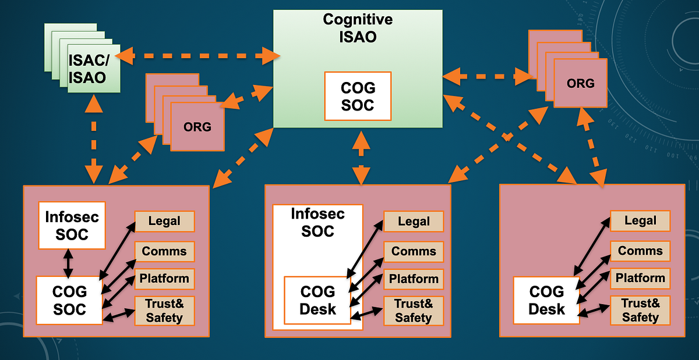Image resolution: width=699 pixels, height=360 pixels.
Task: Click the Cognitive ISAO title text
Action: tap(358, 28)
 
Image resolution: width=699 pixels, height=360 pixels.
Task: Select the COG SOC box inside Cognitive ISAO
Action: tap(358, 97)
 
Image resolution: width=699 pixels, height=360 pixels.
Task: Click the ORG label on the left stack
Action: tap(197, 126)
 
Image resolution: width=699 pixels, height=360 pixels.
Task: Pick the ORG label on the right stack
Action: tap(581, 83)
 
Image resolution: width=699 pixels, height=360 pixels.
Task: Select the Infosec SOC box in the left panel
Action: tap(72, 226)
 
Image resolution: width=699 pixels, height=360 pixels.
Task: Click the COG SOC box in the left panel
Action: tap(69, 300)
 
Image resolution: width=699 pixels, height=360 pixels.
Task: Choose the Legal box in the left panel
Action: tap(164, 222)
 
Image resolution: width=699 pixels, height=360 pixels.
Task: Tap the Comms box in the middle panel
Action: tap(414, 251)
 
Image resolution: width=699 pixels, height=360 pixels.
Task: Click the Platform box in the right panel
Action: tap(640, 278)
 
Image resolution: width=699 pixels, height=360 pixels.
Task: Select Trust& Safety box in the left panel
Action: tap(164, 310)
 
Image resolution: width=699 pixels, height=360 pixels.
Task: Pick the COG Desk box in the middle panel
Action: tap(317, 300)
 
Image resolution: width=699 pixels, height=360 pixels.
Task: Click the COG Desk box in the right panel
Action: tap(546, 300)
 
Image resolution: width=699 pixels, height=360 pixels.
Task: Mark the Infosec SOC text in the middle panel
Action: tap(318, 222)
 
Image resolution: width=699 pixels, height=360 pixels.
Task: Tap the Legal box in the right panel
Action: tap(640, 221)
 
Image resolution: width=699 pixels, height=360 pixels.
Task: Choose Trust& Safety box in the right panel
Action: tap(640, 310)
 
